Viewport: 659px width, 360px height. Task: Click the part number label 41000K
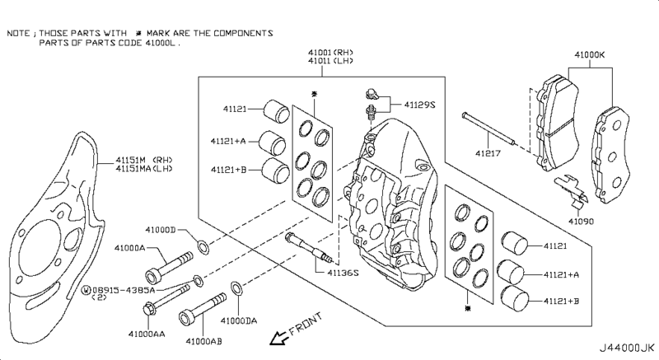[590, 54]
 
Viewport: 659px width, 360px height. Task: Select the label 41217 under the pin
[488, 153]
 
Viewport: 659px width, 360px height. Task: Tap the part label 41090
[582, 222]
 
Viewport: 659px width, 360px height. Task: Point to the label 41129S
[419, 105]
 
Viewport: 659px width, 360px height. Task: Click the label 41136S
[343, 273]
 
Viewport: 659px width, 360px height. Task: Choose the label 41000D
[161, 230]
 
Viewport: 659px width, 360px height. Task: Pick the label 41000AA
[147, 334]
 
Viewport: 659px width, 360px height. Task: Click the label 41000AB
[203, 342]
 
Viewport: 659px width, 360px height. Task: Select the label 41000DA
[239, 321]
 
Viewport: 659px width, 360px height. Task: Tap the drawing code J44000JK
[627, 348]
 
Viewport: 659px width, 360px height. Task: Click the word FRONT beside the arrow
[306, 324]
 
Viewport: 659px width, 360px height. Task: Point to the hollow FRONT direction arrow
[278, 337]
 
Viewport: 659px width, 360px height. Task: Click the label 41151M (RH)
[144, 160]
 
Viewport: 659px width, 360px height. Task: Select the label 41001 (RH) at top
[330, 53]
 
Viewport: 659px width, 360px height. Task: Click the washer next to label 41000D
[203, 246]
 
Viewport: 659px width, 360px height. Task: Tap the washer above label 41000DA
[236, 288]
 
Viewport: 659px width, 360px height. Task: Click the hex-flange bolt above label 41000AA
[166, 299]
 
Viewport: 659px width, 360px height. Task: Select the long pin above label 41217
[488, 129]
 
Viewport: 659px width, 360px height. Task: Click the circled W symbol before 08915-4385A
[86, 290]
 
